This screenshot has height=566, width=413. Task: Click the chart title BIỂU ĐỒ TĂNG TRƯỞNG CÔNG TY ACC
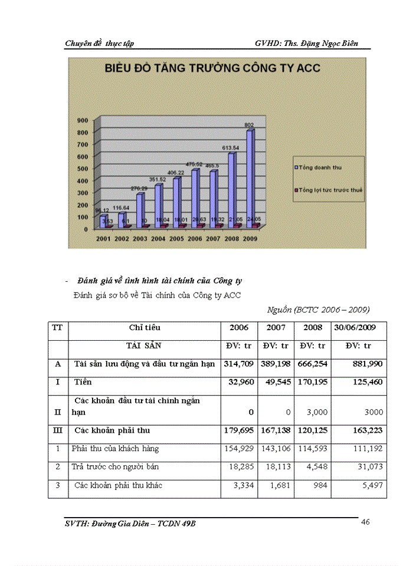[212, 68]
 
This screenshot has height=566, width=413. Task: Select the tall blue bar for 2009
[250, 177]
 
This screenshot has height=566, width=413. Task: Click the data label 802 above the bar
[250, 125]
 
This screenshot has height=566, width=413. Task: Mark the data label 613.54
[231, 148]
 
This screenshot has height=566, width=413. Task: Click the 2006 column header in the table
[239, 327]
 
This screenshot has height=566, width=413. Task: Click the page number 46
[365, 521]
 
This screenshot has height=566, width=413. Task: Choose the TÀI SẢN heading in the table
[145, 345]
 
